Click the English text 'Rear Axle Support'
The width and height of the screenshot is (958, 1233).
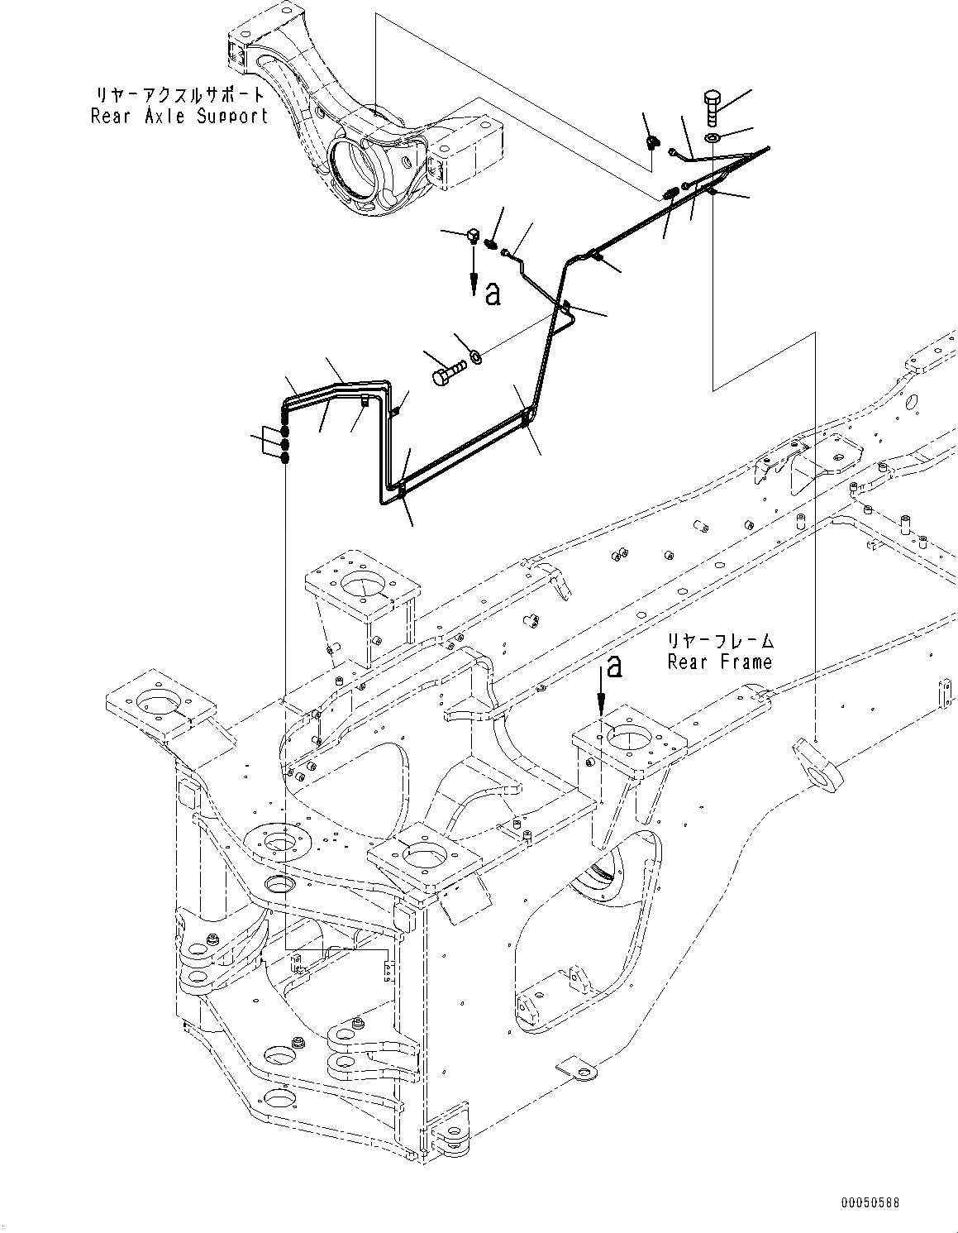coord(179,116)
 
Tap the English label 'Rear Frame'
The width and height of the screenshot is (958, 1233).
coord(720,662)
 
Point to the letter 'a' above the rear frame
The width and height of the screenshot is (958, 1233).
coord(612,666)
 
